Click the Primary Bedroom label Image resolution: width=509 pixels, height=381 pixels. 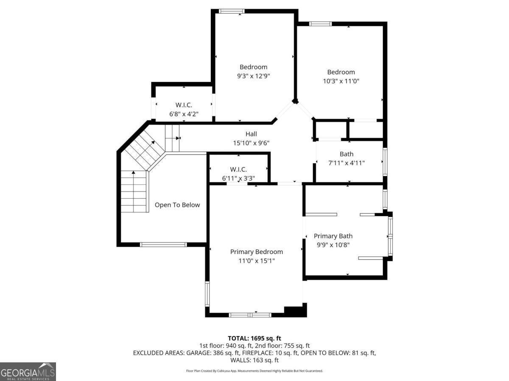[256, 252]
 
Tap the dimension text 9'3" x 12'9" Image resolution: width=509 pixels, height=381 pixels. [253, 76]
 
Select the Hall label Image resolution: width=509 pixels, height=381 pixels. [251, 134]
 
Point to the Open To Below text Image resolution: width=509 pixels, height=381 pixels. [177, 205]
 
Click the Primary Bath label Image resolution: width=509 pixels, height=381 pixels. [333, 236]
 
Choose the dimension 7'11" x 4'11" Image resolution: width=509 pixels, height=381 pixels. [346, 163]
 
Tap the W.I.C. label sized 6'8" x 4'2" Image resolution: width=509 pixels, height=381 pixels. [184, 105]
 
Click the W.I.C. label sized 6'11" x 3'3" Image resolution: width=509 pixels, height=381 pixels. [238, 170]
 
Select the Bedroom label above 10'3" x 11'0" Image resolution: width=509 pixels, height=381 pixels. [341, 72]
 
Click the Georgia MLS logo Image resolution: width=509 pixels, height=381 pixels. [28, 372]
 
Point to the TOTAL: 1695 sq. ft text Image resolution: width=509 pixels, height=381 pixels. [255, 338]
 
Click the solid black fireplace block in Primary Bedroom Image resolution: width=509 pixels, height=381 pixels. [295, 311]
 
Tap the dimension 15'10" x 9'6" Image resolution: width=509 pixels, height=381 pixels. [251, 143]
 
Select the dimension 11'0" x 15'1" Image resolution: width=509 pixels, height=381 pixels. [256, 261]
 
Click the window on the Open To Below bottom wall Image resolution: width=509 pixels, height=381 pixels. [163, 245]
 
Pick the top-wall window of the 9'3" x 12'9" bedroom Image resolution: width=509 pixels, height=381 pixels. [232, 11]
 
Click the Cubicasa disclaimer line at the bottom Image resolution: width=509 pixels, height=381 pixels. [255, 371]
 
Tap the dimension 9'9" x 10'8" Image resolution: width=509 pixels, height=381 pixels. [333, 245]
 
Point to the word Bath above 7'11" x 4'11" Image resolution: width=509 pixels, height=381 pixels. [346, 154]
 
